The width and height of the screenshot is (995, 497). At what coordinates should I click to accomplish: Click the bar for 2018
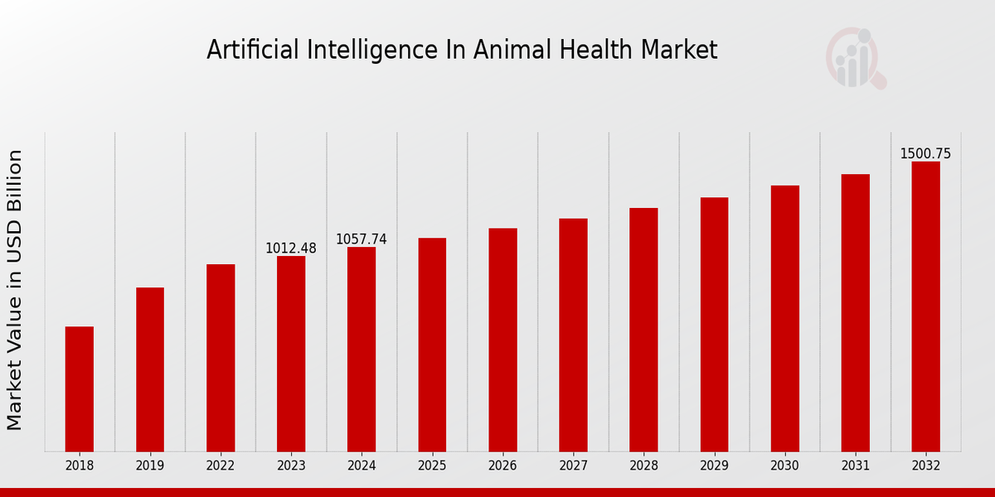[x=80, y=388]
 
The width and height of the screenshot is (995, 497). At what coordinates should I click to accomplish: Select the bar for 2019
[x=150, y=369]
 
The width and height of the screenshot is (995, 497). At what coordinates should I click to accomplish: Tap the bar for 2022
[x=221, y=358]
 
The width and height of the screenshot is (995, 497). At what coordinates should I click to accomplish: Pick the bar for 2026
[x=502, y=340]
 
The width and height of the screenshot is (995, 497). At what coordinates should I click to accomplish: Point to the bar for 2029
[x=714, y=324]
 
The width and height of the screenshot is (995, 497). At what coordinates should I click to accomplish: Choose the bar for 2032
[x=925, y=306]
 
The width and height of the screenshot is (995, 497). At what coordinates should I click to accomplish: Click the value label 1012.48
[x=291, y=248]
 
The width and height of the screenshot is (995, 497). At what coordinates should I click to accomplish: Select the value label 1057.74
[x=362, y=239]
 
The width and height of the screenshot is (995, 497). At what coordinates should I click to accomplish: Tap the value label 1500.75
[x=925, y=154]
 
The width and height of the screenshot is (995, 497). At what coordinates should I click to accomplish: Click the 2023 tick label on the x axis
[x=291, y=466]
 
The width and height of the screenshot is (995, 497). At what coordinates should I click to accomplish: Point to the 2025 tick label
[x=432, y=466]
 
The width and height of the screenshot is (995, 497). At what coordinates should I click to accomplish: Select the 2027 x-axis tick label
[x=573, y=466]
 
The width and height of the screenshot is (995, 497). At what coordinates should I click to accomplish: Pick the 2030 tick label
[x=784, y=466]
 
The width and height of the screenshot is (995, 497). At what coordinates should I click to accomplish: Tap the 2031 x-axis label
[x=855, y=466]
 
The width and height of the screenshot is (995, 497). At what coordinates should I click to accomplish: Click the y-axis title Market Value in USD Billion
[x=15, y=290]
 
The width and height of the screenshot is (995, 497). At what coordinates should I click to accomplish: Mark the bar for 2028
[x=643, y=330]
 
